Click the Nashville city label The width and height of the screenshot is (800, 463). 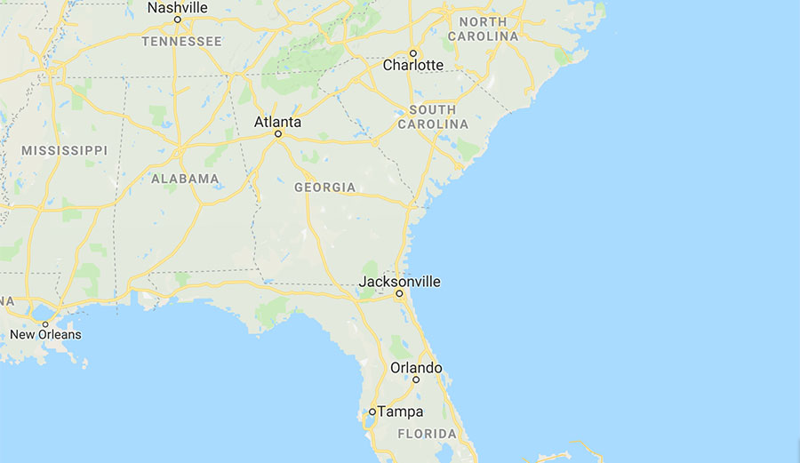pos(178,8)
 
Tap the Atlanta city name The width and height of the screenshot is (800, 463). pos(277,122)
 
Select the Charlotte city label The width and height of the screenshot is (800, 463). pos(413,65)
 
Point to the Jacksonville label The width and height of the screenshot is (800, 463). pos(399,282)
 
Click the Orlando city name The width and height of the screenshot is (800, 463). pos(416,368)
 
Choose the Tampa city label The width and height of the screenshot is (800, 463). pos(400,411)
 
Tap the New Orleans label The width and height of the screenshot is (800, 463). pos(45,335)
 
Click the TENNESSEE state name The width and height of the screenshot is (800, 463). pos(182,41)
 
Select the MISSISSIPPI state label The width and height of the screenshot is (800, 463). pos(64,150)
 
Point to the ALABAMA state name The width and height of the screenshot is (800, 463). pos(185,179)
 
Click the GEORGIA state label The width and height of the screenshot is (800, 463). pos(325,188)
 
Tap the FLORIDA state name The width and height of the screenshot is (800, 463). pos(427,435)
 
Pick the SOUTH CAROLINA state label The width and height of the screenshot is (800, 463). pos(433,117)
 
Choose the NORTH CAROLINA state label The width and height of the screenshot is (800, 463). pos(484,28)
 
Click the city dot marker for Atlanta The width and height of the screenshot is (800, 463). pos(278,134)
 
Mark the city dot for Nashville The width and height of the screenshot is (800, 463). pos(178,20)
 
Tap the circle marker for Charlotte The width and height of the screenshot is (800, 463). pos(413,52)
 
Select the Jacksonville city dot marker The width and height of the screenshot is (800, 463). pos(399,293)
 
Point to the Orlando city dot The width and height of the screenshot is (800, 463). pos(416,379)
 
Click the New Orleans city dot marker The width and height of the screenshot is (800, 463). pos(45,323)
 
